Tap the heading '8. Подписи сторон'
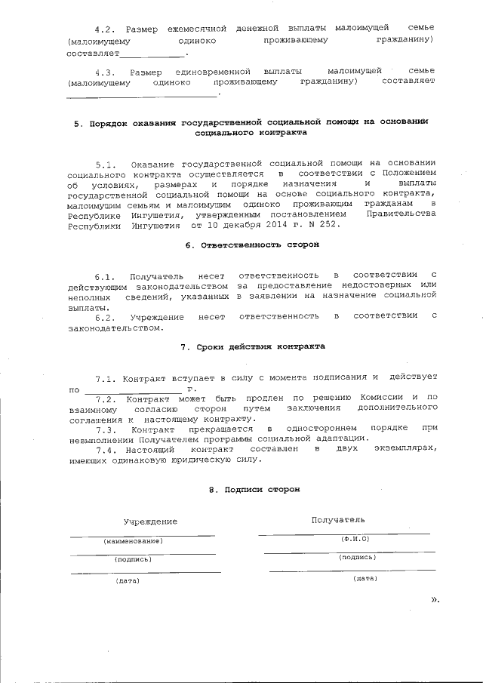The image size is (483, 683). point(254,490)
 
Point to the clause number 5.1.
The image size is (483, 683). point(108,164)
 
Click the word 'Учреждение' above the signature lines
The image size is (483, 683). point(152,521)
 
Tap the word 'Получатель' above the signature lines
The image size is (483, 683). point(338,519)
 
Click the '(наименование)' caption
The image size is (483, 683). point(133,541)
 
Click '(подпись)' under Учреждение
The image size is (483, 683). point(133,560)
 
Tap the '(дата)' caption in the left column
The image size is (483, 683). point(128,580)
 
